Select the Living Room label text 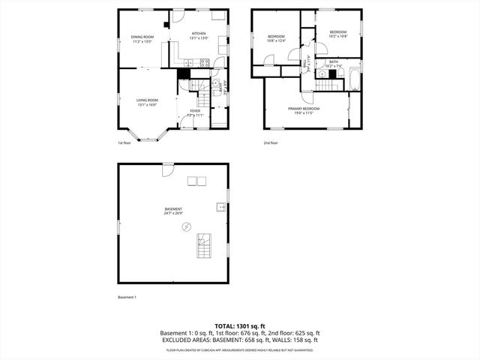click(x=147, y=102)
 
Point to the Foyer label click(x=195, y=112)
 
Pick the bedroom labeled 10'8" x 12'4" click(x=277, y=39)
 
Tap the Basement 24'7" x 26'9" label click(x=174, y=211)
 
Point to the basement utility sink click(x=220, y=207)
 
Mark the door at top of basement click(x=169, y=169)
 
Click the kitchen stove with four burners click(x=202, y=63)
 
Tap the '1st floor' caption click(x=124, y=142)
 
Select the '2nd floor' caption click(x=270, y=142)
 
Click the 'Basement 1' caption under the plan click(x=127, y=298)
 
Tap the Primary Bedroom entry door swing click(x=307, y=97)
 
